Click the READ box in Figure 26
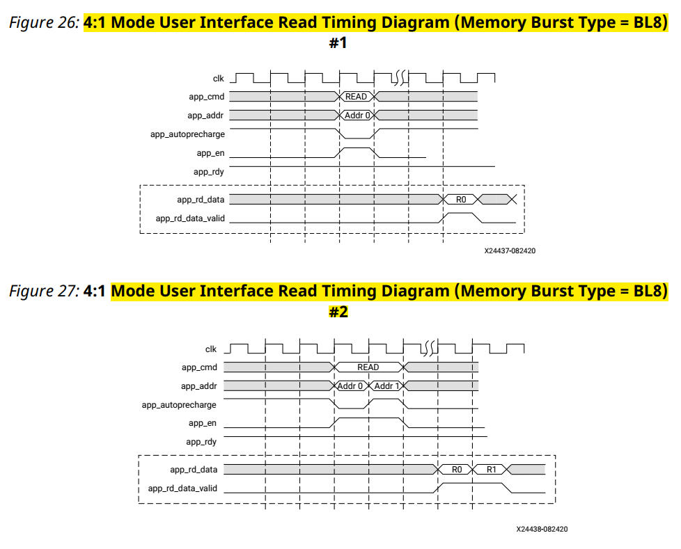357,96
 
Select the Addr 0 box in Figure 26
357,115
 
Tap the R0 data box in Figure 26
461,199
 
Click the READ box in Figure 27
369,367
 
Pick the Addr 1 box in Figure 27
386,385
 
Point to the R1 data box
491,469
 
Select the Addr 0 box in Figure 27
352,385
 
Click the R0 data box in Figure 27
456,469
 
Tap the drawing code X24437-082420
510,251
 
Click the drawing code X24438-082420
542,529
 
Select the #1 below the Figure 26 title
338,42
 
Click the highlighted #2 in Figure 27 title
338,312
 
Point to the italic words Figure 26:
45,22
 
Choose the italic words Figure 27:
45,291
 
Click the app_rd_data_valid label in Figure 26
190,218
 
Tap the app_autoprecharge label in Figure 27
179,405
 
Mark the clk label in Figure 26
219,79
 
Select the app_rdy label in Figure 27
201,442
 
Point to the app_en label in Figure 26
211,153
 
